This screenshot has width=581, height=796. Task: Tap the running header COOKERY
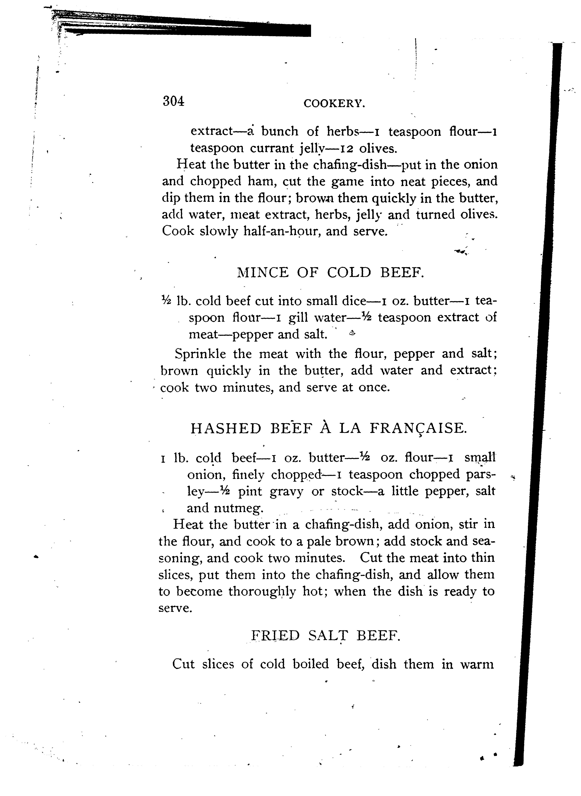[x=334, y=103]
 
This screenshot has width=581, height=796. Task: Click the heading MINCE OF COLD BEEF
[x=331, y=273]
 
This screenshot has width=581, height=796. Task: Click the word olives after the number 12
[x=378, y=148]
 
